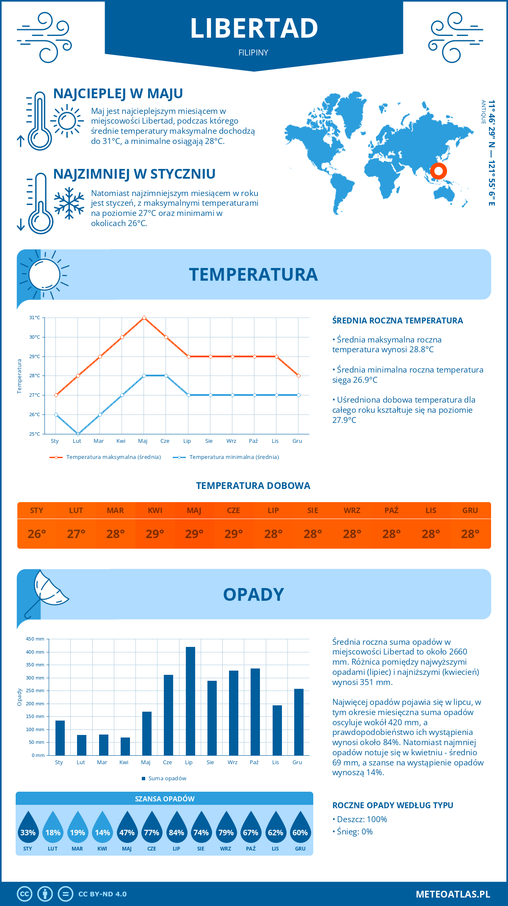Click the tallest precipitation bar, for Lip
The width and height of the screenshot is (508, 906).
(190, 701)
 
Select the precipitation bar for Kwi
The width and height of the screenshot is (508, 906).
(125, 746)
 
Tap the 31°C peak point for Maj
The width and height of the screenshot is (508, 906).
(144, 318)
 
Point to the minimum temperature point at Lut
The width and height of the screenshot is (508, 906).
(78, 434)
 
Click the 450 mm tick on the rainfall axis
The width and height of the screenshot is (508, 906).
(36, 639)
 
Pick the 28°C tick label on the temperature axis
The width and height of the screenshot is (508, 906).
(35, 376)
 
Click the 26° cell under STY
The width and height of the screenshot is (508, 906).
(37, 534)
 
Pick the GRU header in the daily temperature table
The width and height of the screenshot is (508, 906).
(470, 511)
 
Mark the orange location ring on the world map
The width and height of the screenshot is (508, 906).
(438, 171)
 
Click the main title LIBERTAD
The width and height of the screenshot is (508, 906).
(254, 28)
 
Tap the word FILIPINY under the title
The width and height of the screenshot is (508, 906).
(253, 52)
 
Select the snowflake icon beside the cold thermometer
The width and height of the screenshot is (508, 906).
(69, 203)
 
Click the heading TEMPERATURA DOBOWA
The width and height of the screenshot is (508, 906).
(253, 486)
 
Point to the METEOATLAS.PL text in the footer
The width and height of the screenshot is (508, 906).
(453, 894)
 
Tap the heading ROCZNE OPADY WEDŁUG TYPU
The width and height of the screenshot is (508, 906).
(392, 805)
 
